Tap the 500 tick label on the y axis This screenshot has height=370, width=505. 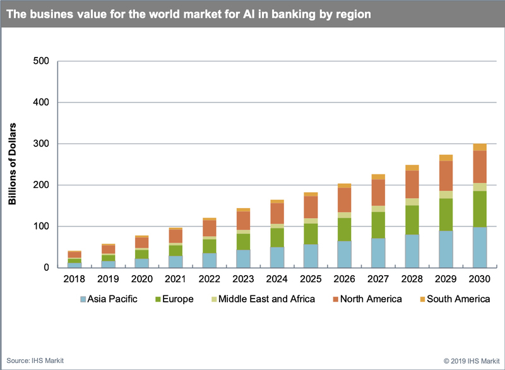(41, 61)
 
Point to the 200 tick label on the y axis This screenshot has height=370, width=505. (41, 185)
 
